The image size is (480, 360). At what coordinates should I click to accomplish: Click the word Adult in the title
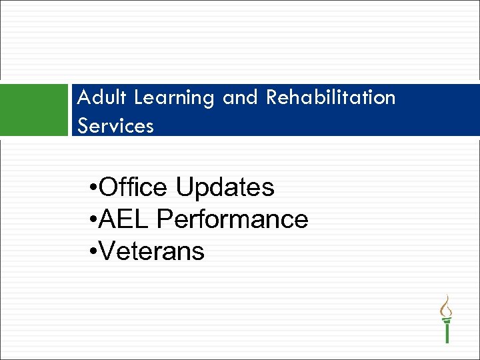click(x=102, y=98)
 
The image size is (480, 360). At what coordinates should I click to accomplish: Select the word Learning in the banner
click(x=175, y=99)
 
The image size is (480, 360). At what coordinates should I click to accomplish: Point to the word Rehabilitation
click(x=331, y=98)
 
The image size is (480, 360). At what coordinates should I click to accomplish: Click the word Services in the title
click(x=115, y=125)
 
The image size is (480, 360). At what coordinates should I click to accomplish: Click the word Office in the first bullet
click(x=133, y=188)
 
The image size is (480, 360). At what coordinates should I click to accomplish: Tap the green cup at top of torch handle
click(x=447, y=320)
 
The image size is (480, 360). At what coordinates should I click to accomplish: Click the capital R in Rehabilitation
click(x=272, y=98)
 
